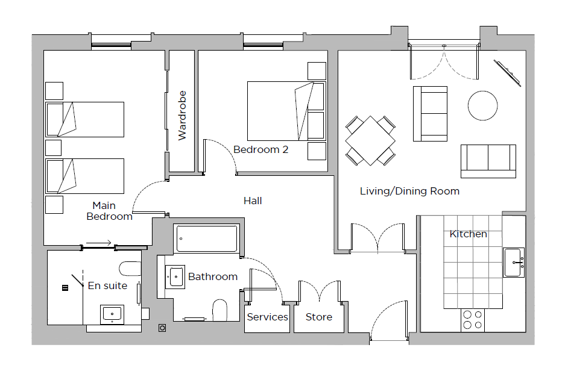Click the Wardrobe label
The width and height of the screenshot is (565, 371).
[182, 116]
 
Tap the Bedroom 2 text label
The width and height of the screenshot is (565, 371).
[261, 149]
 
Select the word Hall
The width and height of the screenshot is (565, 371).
[253, 201]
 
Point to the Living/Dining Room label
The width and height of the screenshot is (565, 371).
[409, 191]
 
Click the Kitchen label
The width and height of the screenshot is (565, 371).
[469, 234]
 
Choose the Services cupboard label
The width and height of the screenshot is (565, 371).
[267, 317]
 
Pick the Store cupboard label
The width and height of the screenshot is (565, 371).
[319, 317]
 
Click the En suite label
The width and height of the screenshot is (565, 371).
[107, 285]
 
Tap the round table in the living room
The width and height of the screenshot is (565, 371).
[483, 106]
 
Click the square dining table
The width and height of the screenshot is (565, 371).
[370, 141]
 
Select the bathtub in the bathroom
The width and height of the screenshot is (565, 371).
[206, 238]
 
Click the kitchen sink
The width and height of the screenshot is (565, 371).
[514, 263]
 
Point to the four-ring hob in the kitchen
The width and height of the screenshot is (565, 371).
[472, 320]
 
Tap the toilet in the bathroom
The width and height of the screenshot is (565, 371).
[220, 310]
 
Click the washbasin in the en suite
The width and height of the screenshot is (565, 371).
[112, 314]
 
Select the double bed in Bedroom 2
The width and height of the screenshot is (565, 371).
[286, 111]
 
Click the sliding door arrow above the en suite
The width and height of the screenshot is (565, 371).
[99, 243]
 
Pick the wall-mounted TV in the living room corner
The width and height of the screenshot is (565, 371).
[507, 73]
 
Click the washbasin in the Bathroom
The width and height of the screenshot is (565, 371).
[175, 277]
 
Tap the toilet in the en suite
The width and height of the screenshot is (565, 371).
[130, 269]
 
